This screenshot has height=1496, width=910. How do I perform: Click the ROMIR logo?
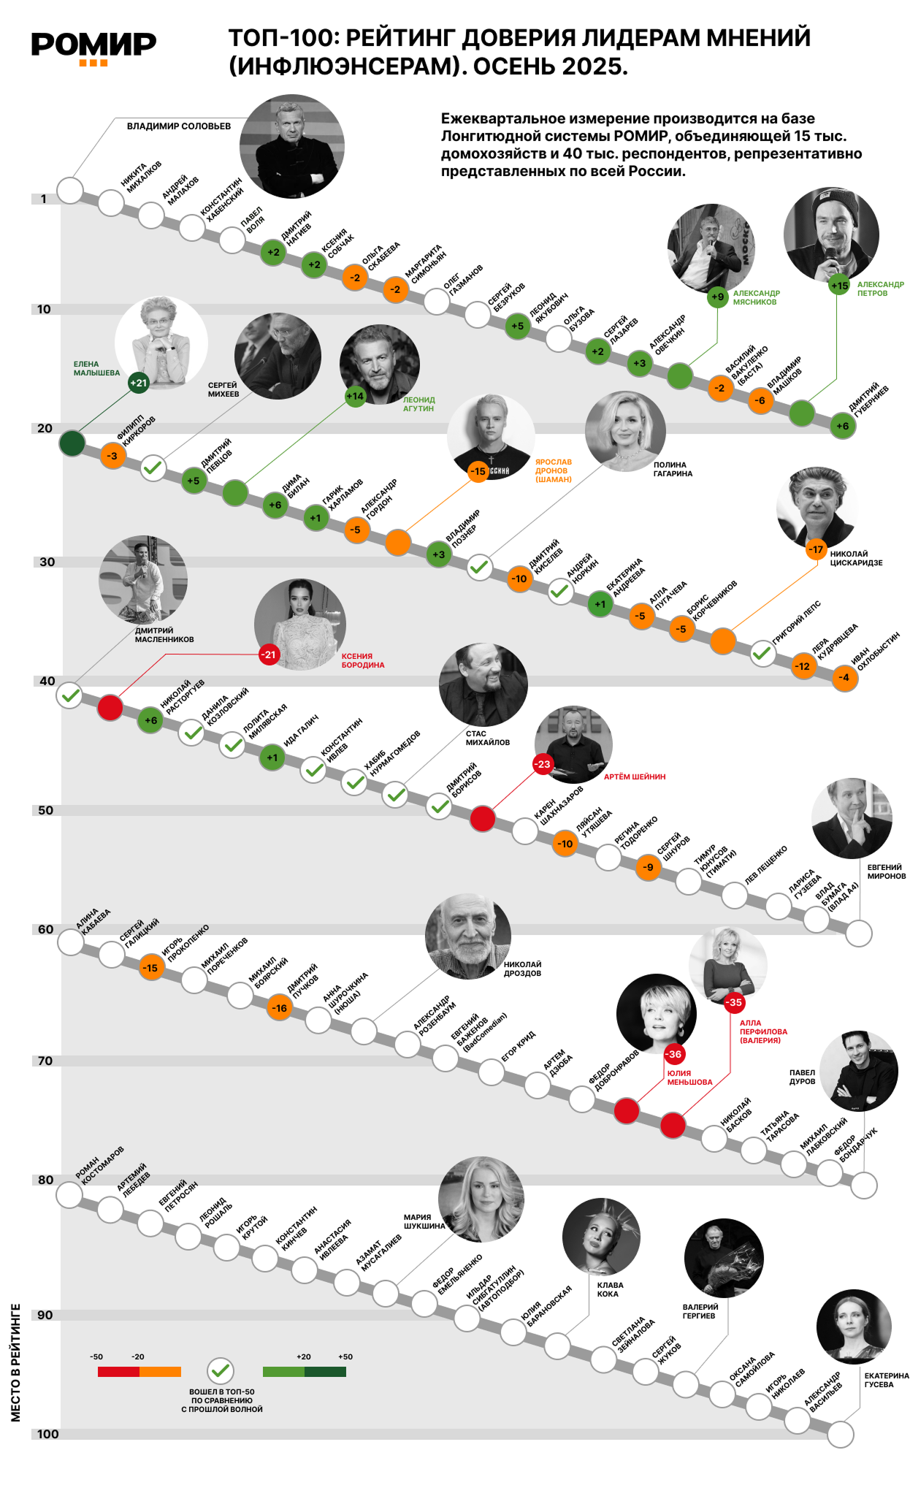pos(93,47)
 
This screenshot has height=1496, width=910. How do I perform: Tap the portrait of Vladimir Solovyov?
pos(291,146)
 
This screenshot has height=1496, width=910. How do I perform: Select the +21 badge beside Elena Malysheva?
pos(138,383)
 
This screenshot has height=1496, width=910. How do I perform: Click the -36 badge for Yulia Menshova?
pos(673,1053)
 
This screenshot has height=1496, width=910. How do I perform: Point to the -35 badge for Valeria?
pos(734,1002)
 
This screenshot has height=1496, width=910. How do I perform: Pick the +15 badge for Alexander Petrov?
pos(839,286)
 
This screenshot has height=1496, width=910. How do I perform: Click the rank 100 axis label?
pos(47,1434)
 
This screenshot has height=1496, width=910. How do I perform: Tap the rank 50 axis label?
pos(45,810)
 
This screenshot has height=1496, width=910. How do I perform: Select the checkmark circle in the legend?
pos(220,1371)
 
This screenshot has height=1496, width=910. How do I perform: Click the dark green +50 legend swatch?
pos(325,1371)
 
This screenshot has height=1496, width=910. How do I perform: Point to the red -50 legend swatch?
pos(118,1371)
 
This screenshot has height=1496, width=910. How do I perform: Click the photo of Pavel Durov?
pos(858,1070)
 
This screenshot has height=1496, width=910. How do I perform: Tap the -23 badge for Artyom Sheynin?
pos(542,764)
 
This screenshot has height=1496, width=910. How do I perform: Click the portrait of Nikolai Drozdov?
pos(468,936)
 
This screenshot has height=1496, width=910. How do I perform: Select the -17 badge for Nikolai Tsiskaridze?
pos(816,549)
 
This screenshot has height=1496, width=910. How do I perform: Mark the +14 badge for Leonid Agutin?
pos(355,396)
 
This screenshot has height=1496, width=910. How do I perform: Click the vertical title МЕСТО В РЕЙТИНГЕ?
pos(16,1362)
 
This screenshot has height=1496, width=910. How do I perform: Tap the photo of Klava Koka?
pos(601,1237)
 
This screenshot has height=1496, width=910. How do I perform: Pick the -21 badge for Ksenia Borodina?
pos(269,654)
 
